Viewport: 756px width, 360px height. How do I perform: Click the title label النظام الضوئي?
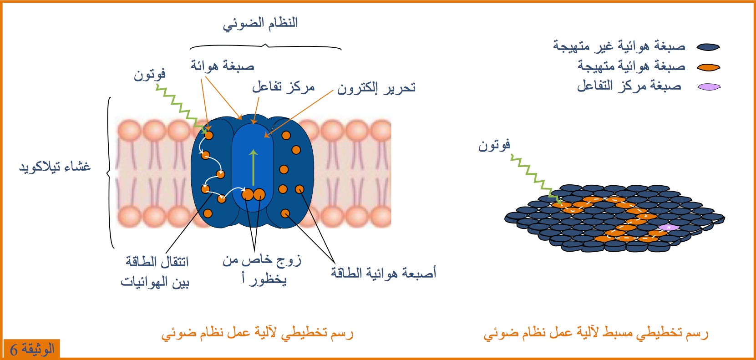click(260, 23)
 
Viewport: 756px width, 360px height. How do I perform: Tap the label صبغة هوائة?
click(223, 65)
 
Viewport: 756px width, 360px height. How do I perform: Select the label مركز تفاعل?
click(283, 87)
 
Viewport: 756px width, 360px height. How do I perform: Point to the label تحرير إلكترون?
click(376, 88)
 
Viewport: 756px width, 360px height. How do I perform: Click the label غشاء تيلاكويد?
click(55, 166)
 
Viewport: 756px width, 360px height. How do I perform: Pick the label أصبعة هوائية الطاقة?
click(383, 273)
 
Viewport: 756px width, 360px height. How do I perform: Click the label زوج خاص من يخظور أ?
click(262, 270)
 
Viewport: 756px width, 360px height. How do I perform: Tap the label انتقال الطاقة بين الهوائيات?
click(155, 272)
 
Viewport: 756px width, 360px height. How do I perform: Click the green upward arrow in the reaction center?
click(254, 167)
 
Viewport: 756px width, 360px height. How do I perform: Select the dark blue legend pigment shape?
click(708, 47)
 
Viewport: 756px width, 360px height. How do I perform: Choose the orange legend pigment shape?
click(708, 67)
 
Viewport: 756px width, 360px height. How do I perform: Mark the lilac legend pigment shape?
click(709, 87)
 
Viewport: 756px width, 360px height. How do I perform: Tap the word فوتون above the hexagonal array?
click(494, 146)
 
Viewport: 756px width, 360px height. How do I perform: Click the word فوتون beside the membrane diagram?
click(149, 74)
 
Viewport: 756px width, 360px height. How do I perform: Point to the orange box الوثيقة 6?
click(32, 349)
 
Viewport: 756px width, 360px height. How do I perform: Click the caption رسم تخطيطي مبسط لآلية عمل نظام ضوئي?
click(596, 333)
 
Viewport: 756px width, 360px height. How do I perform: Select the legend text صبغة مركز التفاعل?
click(629, 86)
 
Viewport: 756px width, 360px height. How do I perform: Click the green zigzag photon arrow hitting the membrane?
click(182, 109)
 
